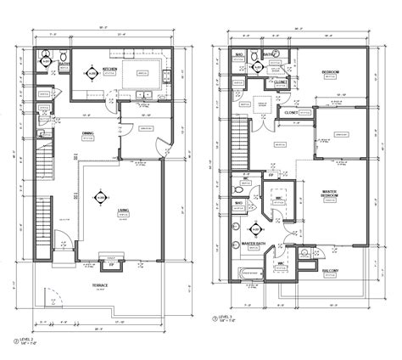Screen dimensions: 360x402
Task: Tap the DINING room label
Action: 87,133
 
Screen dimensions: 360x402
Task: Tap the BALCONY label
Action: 331,271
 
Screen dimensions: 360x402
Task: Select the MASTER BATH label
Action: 255,243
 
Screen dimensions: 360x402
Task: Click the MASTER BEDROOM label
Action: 330,194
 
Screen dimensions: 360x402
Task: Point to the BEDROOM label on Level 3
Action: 330,73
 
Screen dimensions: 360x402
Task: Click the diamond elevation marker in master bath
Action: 252,227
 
